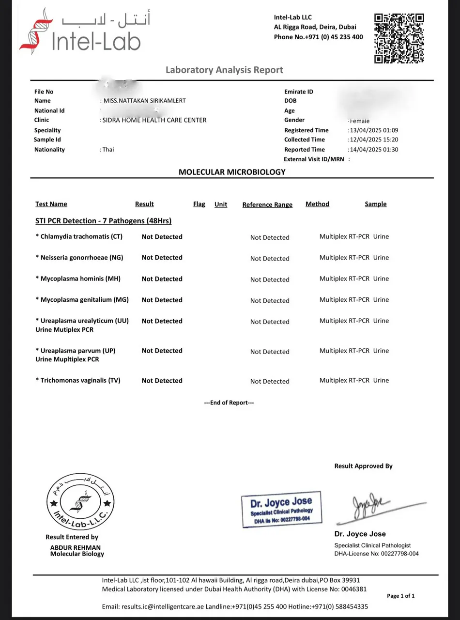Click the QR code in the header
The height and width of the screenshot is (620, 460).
click(399, 38)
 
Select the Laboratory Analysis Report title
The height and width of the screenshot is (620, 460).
click(224, 70)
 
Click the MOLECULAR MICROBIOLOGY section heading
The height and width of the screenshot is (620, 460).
click(232, 172)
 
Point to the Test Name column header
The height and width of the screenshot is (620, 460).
click(51, 204)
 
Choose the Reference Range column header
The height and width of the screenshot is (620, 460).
click(267, 205)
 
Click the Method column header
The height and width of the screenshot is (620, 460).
click(317, 204)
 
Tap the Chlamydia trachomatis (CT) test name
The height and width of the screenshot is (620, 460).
click(79, 237)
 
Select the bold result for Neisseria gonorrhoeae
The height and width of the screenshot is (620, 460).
click(162, 258)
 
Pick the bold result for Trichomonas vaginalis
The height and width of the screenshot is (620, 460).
click(162, 381)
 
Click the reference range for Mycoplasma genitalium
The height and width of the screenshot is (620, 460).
click(270, 301)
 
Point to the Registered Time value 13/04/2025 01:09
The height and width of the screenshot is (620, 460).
click(374, 130)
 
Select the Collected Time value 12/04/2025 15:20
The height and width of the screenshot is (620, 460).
click(374, 139)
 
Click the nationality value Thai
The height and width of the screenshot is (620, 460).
click(108, 150)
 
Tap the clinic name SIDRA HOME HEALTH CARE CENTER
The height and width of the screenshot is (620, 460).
click(154, 120)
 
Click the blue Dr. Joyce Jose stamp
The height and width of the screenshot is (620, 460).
click(281, 509)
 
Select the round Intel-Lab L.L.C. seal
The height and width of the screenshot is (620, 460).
click(80, 502)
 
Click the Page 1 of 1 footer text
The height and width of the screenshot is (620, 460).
click(400, 596)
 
